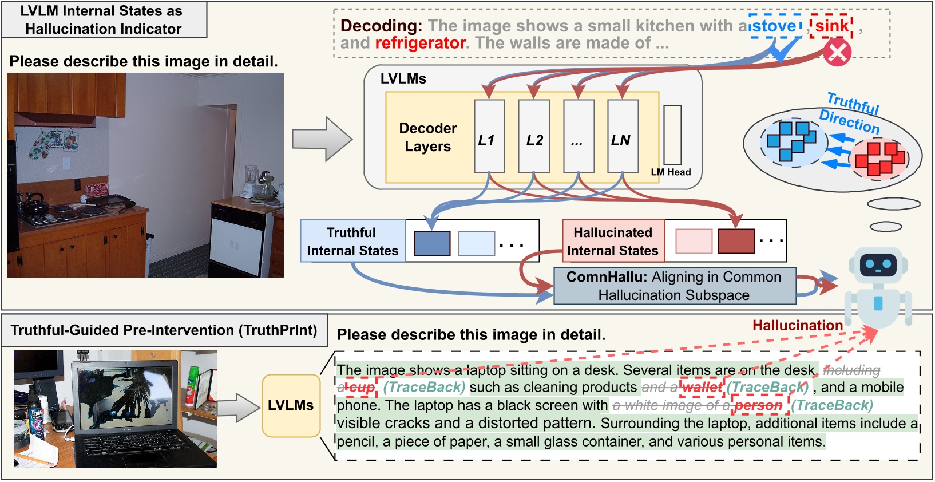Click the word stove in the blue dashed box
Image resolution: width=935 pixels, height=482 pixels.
(774, 26)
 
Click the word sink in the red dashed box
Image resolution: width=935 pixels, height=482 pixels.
(831, 26)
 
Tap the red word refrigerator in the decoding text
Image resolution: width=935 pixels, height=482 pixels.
(421, 44)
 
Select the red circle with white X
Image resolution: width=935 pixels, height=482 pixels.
(837, 53)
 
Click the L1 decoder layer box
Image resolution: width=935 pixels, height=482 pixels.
(489, 136)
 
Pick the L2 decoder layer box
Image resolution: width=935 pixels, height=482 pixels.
(534, 136)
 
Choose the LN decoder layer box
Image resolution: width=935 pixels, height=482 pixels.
(623, 136)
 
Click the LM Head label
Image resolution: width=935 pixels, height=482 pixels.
(671, 172)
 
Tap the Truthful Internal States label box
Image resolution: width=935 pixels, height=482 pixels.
(352, 242)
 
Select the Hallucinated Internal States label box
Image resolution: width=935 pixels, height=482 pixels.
(613, 242)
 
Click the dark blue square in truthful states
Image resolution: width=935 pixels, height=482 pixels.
(431, 243)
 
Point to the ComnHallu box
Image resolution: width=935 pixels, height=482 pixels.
(674, 286)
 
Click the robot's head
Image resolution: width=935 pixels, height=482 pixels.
(878, 265)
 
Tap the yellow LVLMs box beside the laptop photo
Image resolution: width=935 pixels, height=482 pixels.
(291, 405)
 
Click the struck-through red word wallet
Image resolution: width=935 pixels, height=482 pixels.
(702, 388)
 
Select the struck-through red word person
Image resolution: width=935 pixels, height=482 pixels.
(758, 406)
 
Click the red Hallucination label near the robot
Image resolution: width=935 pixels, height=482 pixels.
(797, 326)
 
